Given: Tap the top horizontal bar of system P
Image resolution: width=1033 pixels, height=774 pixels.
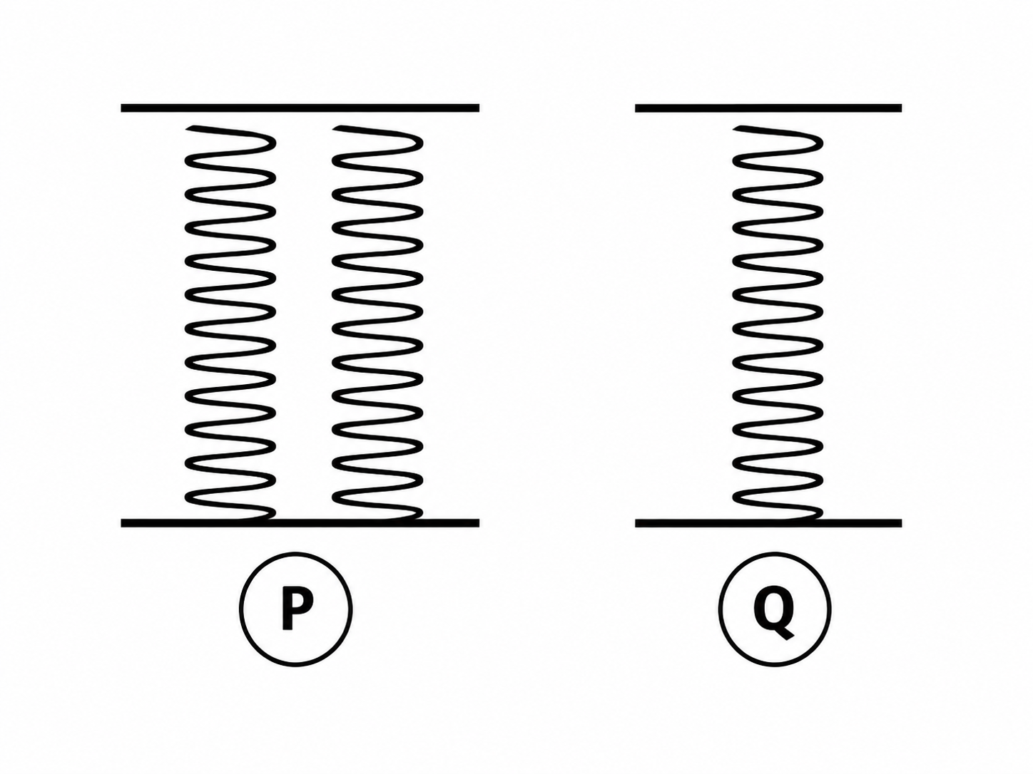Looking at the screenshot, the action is pyautogui.click(x=300, y=108).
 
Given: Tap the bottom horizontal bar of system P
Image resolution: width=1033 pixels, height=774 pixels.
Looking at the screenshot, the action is pyautogui.click(x=300, y=523).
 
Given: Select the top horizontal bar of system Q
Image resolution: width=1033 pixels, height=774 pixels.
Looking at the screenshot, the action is pyautogui.click(x=768, y=108).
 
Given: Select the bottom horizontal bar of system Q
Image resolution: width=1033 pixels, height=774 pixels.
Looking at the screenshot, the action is pyautogui.click(x=768, y=523).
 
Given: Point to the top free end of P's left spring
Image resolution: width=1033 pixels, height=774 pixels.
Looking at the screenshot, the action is pyautogui.click(x=188, y=128).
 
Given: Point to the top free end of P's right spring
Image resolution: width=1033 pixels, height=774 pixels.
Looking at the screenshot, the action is pyautogui.click(x=335, y=128).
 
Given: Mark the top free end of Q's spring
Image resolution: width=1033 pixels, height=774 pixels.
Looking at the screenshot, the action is pyautogui.click(x=736, y=128).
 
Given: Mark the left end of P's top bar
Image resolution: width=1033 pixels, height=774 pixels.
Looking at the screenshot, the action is pyautogui.click(x=122, y=108).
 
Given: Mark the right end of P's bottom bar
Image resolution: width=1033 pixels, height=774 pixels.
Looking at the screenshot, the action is pyautogui.click(x=479, y=523).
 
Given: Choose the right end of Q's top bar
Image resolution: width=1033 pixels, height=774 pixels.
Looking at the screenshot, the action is pyautogui.click(x=901, y=108).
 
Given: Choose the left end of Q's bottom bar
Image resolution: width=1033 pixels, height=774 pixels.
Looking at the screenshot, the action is pyautogui.click(x=636, y=523).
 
